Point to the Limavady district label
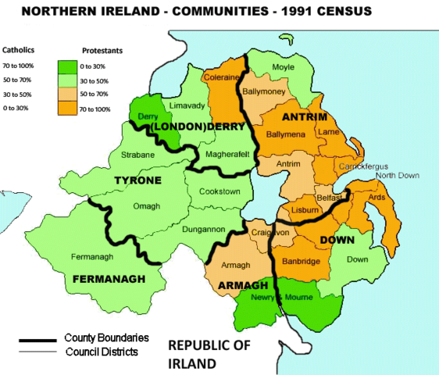pos(189,103)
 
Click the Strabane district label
pos(138,155)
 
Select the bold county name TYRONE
pos(137,180)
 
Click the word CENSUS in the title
pos(348,12)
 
